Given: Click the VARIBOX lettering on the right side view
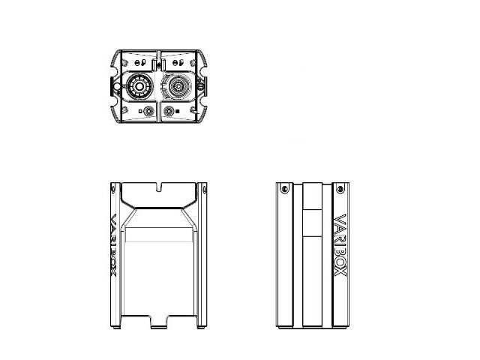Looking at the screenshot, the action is pyautogui.click(x=340, y=245).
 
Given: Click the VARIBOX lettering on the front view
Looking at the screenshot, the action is pyautogui.click(x=113, y=245).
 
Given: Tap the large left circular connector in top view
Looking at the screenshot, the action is pyautogui.click(x=139, y=87).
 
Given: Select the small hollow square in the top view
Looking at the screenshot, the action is pyautogui.click(x=140, y=112).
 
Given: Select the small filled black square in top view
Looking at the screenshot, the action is pyautogui.click(x=177, y=112).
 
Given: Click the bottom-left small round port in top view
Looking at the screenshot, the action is pyautogui.click(x=148, y=111).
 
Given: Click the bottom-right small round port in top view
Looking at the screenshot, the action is pyautogui.click(x=169, y=111).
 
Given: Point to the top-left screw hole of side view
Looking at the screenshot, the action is pyautogui.click(x=285, y=188).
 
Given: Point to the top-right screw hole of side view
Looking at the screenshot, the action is pyautogui.click(x=340, y=188).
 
